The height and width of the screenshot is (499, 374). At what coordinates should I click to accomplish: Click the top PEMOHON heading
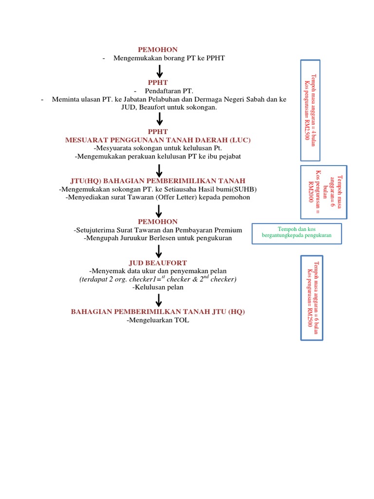(x=158, y=50)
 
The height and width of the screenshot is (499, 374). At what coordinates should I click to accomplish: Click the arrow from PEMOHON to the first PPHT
(x=159, y=72)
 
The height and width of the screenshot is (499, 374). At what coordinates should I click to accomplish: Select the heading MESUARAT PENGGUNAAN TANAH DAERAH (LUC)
(x=158, y=140)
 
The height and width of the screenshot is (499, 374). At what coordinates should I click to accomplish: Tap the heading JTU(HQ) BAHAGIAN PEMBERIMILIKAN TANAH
(x=158, y=181)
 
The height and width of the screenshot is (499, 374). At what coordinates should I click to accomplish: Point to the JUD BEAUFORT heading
(x=158, y=263)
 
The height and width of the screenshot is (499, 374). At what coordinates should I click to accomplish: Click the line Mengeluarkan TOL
(x=158, y=320)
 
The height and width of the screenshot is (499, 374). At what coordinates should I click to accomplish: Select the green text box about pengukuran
(x=297, y=232)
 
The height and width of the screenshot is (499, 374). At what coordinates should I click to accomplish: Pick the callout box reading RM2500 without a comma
(x=310, y=297)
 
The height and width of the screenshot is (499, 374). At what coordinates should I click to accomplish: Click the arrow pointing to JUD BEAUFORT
(x=159, y=251)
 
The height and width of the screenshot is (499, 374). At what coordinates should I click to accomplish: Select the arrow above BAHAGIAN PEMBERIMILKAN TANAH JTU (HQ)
(x=159, y=300)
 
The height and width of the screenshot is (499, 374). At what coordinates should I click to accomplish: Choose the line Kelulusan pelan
(x=158, y=288)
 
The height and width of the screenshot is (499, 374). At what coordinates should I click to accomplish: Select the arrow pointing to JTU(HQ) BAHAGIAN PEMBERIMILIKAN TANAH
(x=159, y=170)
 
